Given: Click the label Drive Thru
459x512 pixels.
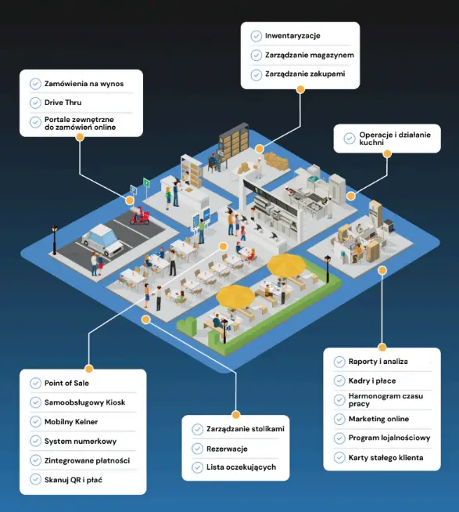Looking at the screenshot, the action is tap(63, 103).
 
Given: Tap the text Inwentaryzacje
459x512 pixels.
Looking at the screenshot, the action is tap(292, 36).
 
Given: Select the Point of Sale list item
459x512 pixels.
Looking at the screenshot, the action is tap(66, 383).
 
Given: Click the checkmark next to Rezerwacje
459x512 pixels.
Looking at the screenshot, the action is tap(197, 449).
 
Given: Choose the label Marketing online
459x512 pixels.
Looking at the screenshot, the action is tap(378, 419).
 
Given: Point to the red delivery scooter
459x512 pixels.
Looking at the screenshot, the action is tap(140, 216).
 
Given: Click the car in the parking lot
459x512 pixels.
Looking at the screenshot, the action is tap(102, 240).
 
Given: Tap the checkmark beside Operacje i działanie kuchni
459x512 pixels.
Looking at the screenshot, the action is tap(350, 139).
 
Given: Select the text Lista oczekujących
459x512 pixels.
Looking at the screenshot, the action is tap(241, 467).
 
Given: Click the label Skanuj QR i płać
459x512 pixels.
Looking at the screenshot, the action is tap(73, 480).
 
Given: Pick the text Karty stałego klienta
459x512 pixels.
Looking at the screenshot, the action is tap(385, 458).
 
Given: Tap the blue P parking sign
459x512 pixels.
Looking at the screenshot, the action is tap(134, 189).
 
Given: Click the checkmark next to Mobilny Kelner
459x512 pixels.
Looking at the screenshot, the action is tap(35, 421).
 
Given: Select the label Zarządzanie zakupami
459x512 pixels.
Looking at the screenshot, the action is tap(305, 74).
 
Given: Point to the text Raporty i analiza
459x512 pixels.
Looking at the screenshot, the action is tap(378, 362).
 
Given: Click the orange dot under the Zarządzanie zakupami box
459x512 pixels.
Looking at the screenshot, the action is tap(300, 89).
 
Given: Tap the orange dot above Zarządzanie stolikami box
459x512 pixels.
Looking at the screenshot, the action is tap(235, 415).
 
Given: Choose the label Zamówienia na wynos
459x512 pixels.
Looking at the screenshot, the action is tap(84, 84).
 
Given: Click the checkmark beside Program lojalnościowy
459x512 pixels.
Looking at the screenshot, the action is tap(339, 438).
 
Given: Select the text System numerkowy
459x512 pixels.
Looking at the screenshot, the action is tap(81, 441).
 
